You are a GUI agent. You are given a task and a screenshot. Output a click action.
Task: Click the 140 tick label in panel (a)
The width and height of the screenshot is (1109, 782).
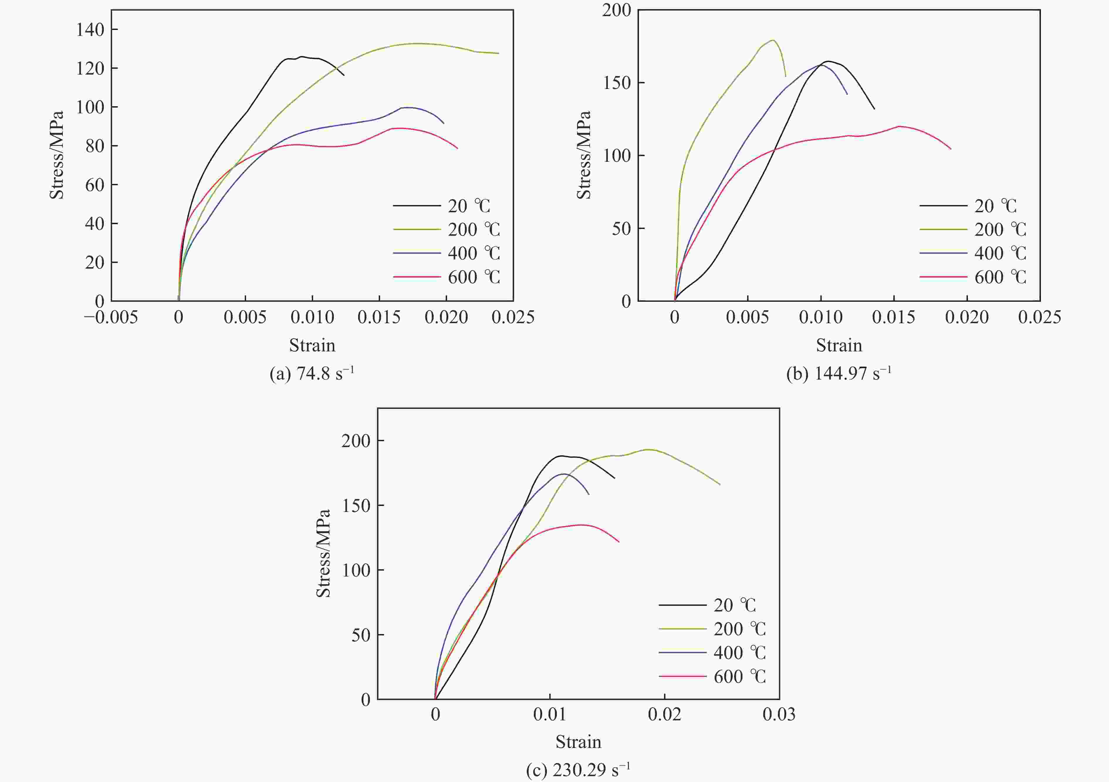click(90, 30)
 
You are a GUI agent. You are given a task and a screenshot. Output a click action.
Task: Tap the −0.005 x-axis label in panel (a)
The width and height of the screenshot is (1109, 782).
click(111, 318)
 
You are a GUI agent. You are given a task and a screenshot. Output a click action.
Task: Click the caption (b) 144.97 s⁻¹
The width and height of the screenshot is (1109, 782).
click(838, 374)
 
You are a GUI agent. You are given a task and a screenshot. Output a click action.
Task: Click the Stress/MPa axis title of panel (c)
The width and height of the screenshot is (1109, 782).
click(323, 553)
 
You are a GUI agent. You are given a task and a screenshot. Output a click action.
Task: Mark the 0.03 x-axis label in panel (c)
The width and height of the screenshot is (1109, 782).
click(779, 714)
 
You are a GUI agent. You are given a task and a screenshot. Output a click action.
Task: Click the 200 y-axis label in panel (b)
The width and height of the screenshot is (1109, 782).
click(616, 10)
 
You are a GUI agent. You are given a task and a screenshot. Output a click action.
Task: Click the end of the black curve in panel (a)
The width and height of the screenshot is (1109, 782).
click(344, 75)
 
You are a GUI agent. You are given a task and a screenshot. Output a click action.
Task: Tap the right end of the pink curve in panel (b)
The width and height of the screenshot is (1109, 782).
click(951, 149)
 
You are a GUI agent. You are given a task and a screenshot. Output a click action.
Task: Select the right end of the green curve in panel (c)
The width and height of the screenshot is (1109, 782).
click(720, 484)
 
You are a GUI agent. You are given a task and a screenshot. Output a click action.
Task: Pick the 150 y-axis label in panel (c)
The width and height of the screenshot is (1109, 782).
click(356, 505)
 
